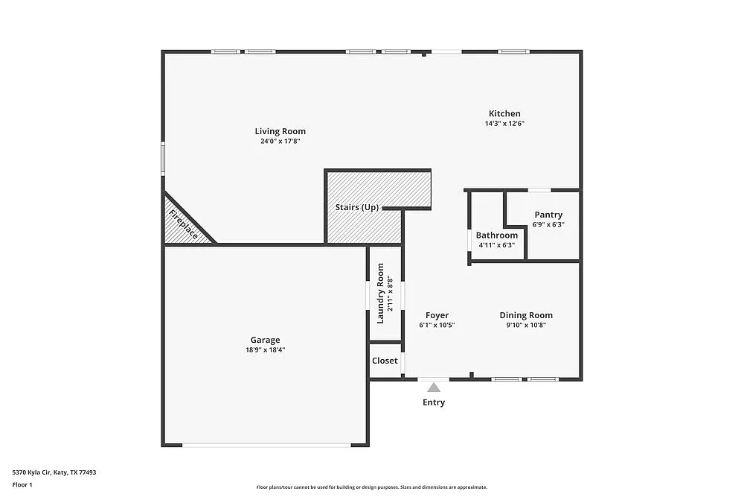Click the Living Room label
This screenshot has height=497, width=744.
[x=280, y=131]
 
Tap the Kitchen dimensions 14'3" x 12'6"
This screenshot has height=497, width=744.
[x=504, y=124]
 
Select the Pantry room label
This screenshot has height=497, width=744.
[x=548, y=215]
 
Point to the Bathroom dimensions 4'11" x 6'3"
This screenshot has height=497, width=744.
[x=497, y=244]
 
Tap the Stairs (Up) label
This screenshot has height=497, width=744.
[x=357, y=207]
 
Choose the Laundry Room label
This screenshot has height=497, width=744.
[x=380, y=294]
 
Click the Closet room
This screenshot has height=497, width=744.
[x=385, y=361]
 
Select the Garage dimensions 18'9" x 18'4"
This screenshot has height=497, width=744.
[x=265, y=349]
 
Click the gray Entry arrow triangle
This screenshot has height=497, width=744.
[x=434, y=387]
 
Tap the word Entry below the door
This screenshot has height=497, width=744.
[x=434, y=402]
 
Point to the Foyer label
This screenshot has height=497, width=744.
[x=437, y=315]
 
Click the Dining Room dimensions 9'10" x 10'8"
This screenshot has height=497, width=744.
[x=525, y=325]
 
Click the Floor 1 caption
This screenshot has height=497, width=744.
[x=22, y=484]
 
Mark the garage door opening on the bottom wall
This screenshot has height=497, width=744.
[x=266, y=445]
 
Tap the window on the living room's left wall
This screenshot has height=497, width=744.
[x=164, y=159]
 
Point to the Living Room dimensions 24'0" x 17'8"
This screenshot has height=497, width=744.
[x=280, y=141]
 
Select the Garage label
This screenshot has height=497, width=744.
[x=265, y=340]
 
